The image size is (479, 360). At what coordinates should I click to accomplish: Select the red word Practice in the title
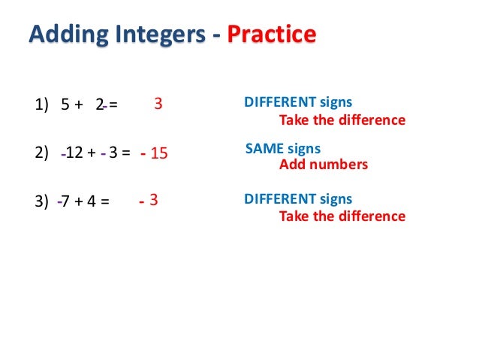click(x=271, y=35)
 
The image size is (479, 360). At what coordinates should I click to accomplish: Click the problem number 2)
click(x=43, y=154)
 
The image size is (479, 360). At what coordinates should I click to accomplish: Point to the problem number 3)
click(x=43, y=201)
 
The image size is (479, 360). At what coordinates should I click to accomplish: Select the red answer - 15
click(x=155, y=154)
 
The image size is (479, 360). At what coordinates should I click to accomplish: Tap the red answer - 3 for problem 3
click(x=149, y=201)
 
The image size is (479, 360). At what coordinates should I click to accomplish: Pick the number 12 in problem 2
click(x=74, y=154)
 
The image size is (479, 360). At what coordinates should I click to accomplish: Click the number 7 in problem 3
click(x=66, y=201)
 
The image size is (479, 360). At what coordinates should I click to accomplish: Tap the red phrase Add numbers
click(x=324, y=165)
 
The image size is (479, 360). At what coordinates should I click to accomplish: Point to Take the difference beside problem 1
click(x=342, y=120)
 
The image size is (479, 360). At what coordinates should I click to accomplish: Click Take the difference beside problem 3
click(x=342, y=216)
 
